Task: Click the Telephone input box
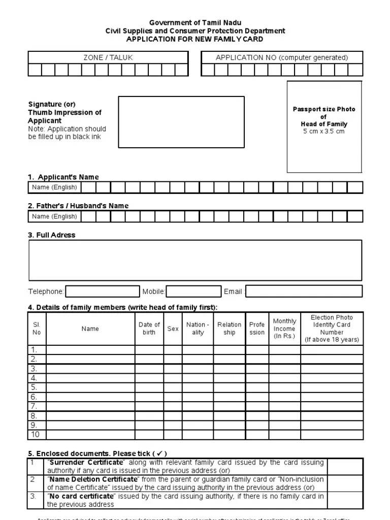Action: click(x=103, y=291)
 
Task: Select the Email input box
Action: click(x=304, y=291)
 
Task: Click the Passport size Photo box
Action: click(x=324, y=127)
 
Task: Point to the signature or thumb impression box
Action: click(x=181, y=122)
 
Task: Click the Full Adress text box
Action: click(x=196, y=261)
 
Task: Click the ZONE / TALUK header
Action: click(x=108, y=57)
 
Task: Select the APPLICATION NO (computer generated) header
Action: click(x=282, y=57)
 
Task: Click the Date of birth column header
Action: click(x=149, y=329)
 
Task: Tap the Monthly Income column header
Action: click(x=284, y=329)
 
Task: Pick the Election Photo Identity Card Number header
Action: click(x=332, y=329)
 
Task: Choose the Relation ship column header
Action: click(x=230, y=329)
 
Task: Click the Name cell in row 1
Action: click(x=90, y=350)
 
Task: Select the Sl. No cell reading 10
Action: click(x=36, y=435)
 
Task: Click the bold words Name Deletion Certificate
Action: click(x=93, y=479)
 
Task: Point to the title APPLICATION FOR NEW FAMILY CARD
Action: click(x=195, y=39)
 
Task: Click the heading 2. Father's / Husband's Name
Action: click(x=78, y=206)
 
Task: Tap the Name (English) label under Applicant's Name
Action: click(x=54, y=187)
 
